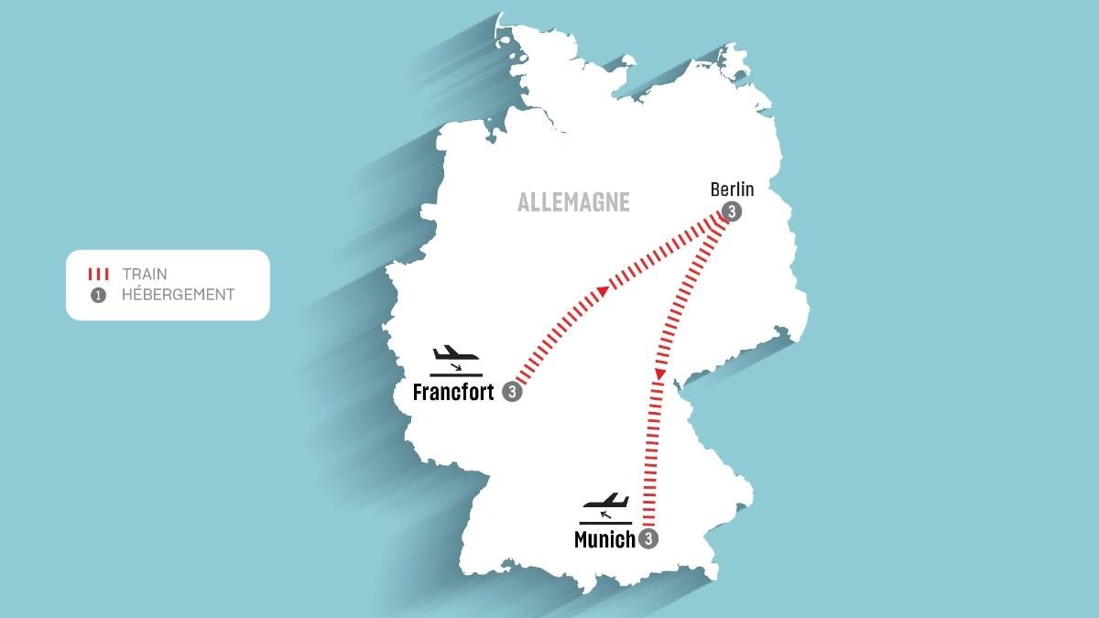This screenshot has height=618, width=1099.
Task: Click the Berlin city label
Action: pos(732,190)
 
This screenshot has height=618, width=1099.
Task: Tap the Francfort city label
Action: pos(453,393)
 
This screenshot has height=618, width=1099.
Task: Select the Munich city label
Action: pos(604,540)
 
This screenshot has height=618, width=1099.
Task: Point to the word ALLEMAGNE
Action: pos(573,202)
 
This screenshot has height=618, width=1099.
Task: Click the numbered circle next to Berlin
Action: pos(731,211)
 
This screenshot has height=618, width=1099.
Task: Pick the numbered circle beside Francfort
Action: pos(512,392)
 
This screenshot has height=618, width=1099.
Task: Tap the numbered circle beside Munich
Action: pos(649,539)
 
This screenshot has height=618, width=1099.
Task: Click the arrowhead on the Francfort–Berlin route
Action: pos(603,291)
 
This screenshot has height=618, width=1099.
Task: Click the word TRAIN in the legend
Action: pos(145,274)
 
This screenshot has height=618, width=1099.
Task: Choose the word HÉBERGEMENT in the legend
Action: pos(178,295)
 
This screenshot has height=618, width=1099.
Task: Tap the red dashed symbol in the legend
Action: pos(98,274)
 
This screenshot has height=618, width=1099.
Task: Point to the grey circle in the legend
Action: pos(98,295)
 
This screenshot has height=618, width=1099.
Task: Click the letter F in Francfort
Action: pos(419,393)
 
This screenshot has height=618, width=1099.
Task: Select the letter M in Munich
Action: pos(582,540)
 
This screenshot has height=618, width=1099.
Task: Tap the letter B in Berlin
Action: pos(715,190)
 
